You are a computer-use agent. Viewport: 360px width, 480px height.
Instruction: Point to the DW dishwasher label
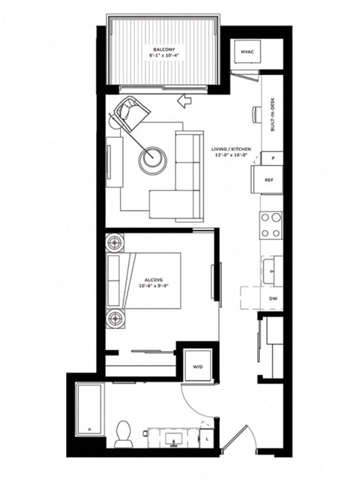click(x=273, y=298)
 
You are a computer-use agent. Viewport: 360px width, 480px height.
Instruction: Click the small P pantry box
click(x=271, y=159)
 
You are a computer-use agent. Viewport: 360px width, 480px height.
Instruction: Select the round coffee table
click(x=153, y=157)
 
